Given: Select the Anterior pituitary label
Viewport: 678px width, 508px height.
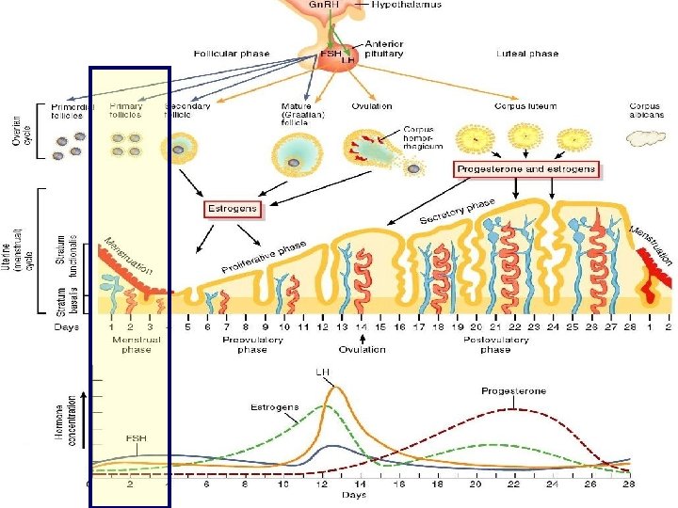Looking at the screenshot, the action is pyautogui.click(x=384, y=49).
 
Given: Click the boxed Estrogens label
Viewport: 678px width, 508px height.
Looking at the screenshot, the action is pyautogui.click(x=233, y=209).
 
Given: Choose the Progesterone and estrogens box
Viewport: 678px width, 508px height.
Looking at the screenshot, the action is pyautogui.click(x=527, y=170).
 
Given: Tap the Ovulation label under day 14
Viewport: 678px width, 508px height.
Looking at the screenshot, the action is pyautogui.click(x=362, y=349).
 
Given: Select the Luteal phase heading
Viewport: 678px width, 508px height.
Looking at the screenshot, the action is pyautogui.click(x=530, y=54).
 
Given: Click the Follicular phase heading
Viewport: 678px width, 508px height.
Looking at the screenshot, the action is pyautogui.click(x=232, y=54).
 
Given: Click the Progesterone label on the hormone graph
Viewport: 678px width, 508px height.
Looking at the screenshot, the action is pyautogui.click(x=513, y=390).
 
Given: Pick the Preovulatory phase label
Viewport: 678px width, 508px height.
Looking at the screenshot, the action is pyautogui.click(x=251, y=343).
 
